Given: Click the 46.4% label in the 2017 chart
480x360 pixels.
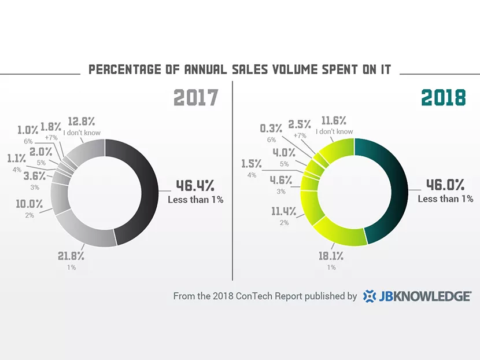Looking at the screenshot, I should [x=195, y=185].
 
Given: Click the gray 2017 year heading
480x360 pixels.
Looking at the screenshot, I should [x=196, y=98].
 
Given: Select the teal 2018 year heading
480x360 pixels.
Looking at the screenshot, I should [x=444, y=98].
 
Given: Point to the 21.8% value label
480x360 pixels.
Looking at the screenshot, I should [x=71, y=256].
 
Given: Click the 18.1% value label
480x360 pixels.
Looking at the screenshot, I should [x=331, y=256].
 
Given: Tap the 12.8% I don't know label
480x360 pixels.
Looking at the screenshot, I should [x=82, y=121].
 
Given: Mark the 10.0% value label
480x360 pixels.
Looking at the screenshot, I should [x=29, y=204].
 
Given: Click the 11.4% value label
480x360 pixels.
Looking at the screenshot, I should [x=284, y=211].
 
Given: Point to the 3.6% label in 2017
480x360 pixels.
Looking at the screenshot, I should [x=35, y=176].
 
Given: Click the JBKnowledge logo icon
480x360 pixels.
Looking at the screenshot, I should [x=370, y=296].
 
